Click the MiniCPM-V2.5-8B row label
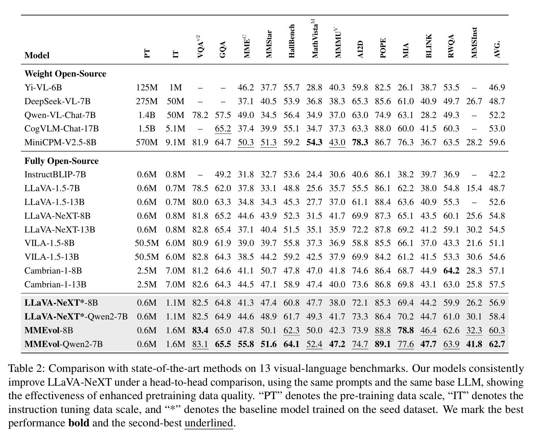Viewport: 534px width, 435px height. click(x=60, y=142)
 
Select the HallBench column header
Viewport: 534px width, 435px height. click(x=291, y=41)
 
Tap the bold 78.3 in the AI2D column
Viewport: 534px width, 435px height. click(x=360, y=142)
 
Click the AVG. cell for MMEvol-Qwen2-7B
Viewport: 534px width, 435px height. click(x=497, y=344)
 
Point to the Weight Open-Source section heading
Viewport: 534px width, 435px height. click(x=65, y=73)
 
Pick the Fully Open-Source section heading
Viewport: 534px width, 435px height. click(x=61, y=161)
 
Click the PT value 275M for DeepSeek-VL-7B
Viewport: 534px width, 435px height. click(x=147, y=101)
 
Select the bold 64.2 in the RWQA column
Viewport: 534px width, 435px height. click(x=451, y=270)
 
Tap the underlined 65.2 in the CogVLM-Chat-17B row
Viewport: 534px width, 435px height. click(x=223, y=129)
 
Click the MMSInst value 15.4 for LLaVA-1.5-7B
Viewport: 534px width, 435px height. click(x=474, y=188)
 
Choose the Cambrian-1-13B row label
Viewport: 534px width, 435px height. click(x=55, y=284)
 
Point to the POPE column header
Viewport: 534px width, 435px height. click(x=383, y=48)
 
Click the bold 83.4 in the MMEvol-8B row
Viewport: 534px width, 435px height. click(x=200, y=330)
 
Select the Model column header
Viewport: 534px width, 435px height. click(x=37, y=55)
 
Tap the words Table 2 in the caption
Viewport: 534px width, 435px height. click(x=26, y=368)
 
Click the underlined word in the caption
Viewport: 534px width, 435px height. click(x=209, y=423)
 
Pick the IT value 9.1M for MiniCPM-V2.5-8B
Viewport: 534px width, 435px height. click(x=175, y=142)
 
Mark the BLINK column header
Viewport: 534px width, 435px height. click(x=429, y=46)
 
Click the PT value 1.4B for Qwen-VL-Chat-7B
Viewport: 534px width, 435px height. click(x=147, y=115)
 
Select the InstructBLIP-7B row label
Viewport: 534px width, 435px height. click(x=55, y=174)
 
